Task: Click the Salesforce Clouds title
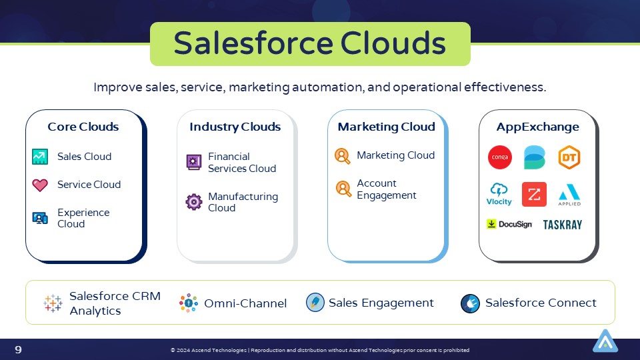click(310, 44)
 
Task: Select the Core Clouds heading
click(83, 127)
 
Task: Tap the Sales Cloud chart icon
click(40, 157)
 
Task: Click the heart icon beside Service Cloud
click(40, 185)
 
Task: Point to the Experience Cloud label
click(83, 218)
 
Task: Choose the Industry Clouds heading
click(235, 127)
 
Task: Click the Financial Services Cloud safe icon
click(193, 162)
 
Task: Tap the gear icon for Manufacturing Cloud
click(193, 202)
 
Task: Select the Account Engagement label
click(387, 189)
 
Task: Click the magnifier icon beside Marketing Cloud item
click(343, 156)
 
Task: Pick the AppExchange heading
click(537, 127)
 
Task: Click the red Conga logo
click(499, 157)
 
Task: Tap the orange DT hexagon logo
click(569, 157)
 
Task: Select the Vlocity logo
click(499, 194)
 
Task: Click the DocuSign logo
click(509, 224)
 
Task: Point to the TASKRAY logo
click(562, 225)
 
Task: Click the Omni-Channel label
click(245, 303)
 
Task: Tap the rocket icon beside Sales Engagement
click(315, 303)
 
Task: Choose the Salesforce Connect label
click(541, 303)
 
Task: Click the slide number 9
click(19, 349)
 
